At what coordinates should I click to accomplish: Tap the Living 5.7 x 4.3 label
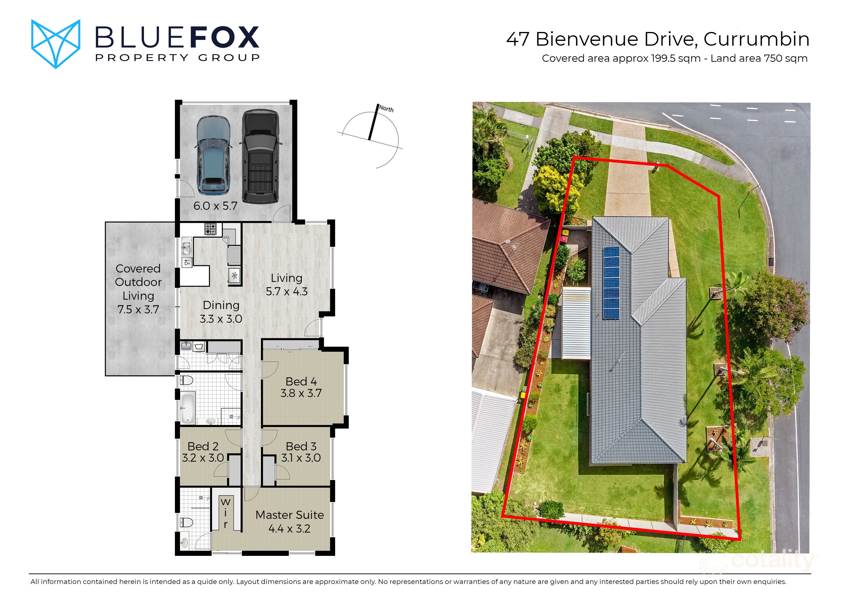click(286, 285)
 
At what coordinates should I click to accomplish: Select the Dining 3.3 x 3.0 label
click(221, 312)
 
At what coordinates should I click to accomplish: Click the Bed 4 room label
click(301, 387)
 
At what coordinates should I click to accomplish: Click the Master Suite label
click(289, 521)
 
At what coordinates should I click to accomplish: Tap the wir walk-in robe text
click(225, 513)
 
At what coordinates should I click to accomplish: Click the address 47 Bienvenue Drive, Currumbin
click(657, 39)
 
